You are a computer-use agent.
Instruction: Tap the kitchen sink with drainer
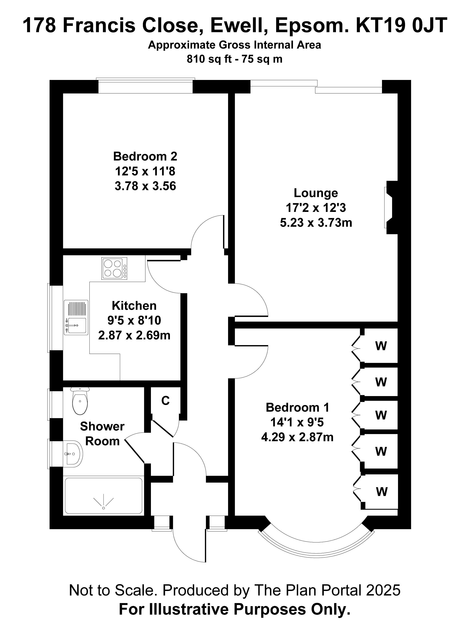point(76,317)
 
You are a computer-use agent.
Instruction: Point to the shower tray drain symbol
point(104,507)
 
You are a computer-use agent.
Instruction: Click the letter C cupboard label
point(165,401)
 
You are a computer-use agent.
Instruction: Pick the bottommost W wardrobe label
point(382,492)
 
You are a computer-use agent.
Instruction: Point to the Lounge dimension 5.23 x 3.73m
point(316,223)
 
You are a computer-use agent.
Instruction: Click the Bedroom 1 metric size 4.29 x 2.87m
point(297,437)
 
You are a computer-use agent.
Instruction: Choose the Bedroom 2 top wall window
point(145,86)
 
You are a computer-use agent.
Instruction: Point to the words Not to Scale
point(113,590)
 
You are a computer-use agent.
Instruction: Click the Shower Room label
point(102,434)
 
